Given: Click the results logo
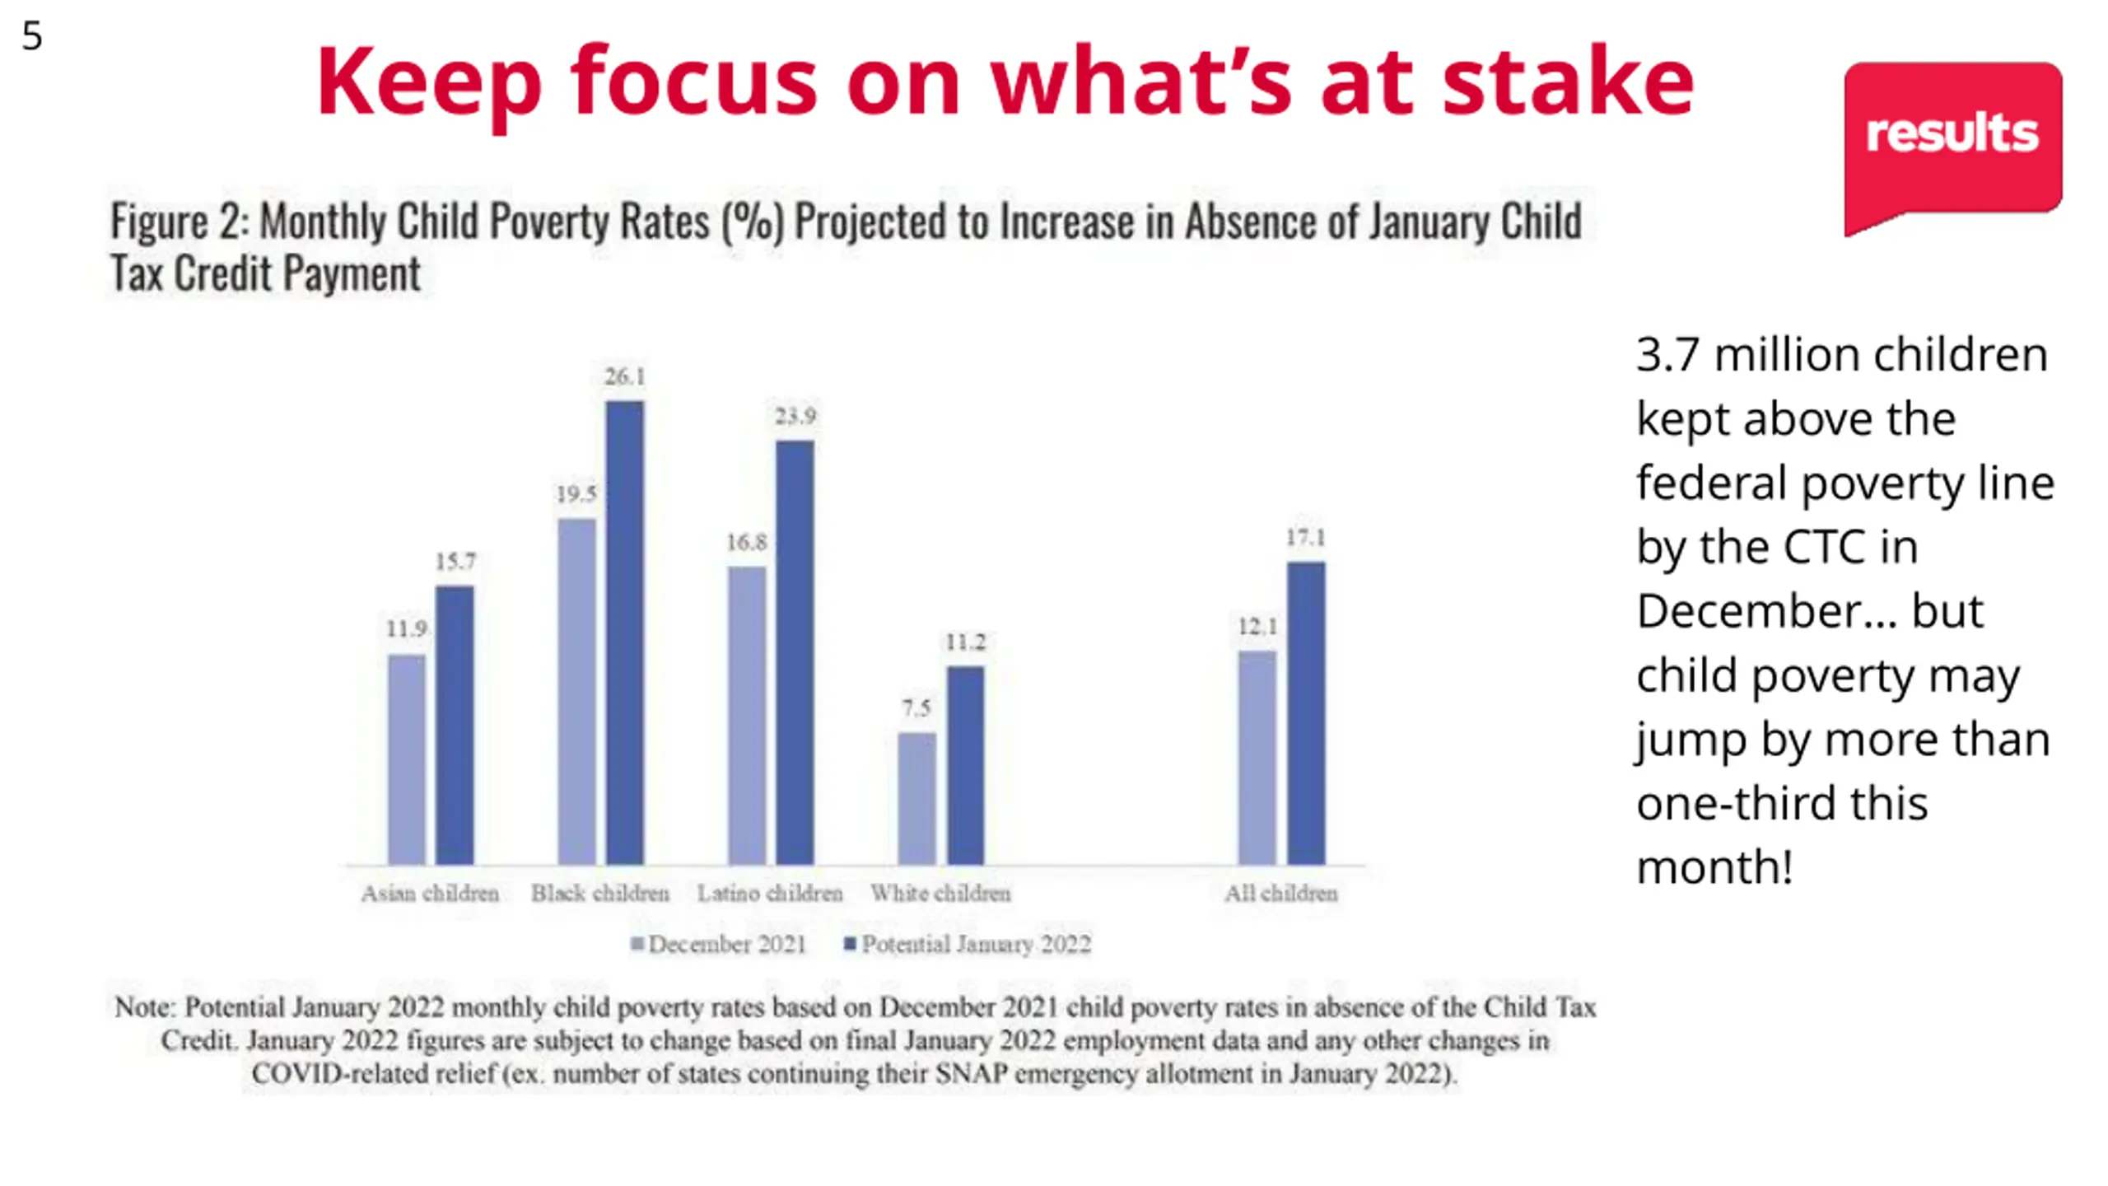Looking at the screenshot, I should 1952,136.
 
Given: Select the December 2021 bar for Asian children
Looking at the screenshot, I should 407,759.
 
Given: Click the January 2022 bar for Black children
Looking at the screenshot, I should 625,633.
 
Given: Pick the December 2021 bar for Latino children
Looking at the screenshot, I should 746,715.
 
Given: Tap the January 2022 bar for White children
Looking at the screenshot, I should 965,765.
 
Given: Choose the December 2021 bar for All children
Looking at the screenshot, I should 1257,758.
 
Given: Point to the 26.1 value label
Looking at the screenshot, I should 625,377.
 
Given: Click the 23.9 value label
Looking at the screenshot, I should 795,416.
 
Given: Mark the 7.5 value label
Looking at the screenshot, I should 916,708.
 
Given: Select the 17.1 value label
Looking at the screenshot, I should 1306,538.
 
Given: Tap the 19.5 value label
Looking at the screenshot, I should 576,494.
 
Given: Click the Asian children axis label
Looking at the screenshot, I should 430,894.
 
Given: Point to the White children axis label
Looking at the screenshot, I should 940,894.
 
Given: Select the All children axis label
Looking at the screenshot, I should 1280,894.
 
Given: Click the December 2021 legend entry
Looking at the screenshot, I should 719,944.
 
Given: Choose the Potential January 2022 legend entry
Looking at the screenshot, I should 968,944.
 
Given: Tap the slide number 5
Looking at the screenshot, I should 31,36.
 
